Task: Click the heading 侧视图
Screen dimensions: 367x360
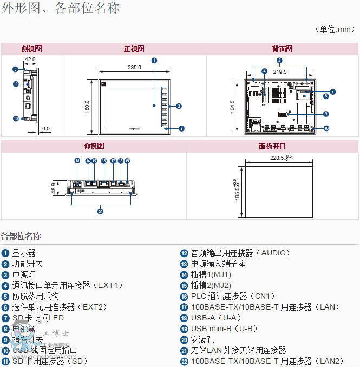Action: point(31,49)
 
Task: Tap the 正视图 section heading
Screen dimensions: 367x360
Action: point(134,49)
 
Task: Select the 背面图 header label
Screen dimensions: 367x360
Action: point(282,49)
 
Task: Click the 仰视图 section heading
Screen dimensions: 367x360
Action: point(94,146)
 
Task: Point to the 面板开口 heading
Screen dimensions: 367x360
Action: point(272,146)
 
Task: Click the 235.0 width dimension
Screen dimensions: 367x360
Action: point(134,67)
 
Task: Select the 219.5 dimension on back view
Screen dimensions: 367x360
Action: point(280,71)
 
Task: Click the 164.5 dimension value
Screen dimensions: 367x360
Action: point(232,106)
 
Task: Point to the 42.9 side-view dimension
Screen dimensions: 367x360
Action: point(30,59)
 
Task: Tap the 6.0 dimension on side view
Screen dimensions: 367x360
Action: point(46,128)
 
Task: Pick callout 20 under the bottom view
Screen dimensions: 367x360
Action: point(100,212)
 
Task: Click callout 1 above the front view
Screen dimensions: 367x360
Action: point(154,60)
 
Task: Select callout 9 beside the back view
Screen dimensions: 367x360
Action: point(326,114)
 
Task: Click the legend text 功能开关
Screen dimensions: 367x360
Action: point(28,264)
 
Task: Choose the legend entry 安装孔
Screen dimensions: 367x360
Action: point(202,339)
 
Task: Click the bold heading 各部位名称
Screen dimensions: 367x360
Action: point(21,236)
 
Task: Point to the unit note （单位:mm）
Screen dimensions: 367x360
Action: point(334,29)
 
